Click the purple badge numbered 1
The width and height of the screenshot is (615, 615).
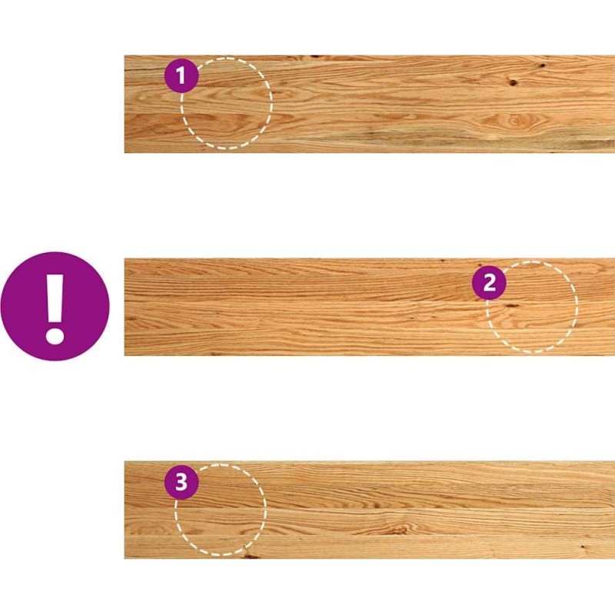click(181, 75)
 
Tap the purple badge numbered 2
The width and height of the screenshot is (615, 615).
click(489, 282)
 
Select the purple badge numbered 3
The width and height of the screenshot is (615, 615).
click(181, 482)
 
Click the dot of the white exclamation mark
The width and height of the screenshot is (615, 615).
click(55, 337)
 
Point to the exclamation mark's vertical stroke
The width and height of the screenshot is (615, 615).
click(55, 299)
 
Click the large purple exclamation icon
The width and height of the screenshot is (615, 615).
click(55, 306)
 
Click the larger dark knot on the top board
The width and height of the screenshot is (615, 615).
click(513, 82)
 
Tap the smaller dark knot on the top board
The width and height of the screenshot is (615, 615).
click(542, 65)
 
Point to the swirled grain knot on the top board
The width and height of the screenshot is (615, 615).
click(515, 120)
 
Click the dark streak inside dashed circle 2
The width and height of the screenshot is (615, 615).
click(511, 305)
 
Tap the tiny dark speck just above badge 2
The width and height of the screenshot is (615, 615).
click(480, 264)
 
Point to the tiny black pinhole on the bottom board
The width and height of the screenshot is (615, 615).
click(583, 547)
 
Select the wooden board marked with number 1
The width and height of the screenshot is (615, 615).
click(370, 104)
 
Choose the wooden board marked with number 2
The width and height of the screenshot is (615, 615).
click(370, 307)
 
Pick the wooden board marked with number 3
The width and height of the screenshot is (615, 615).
click(370, 510)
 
